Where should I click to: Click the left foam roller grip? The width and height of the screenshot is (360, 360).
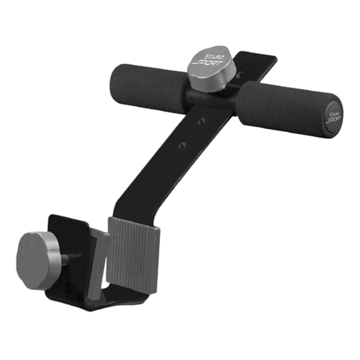(147, 86)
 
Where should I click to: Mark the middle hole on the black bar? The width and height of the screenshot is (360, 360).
(202, 120)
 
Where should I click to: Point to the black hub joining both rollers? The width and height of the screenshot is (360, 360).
(210, 97)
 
